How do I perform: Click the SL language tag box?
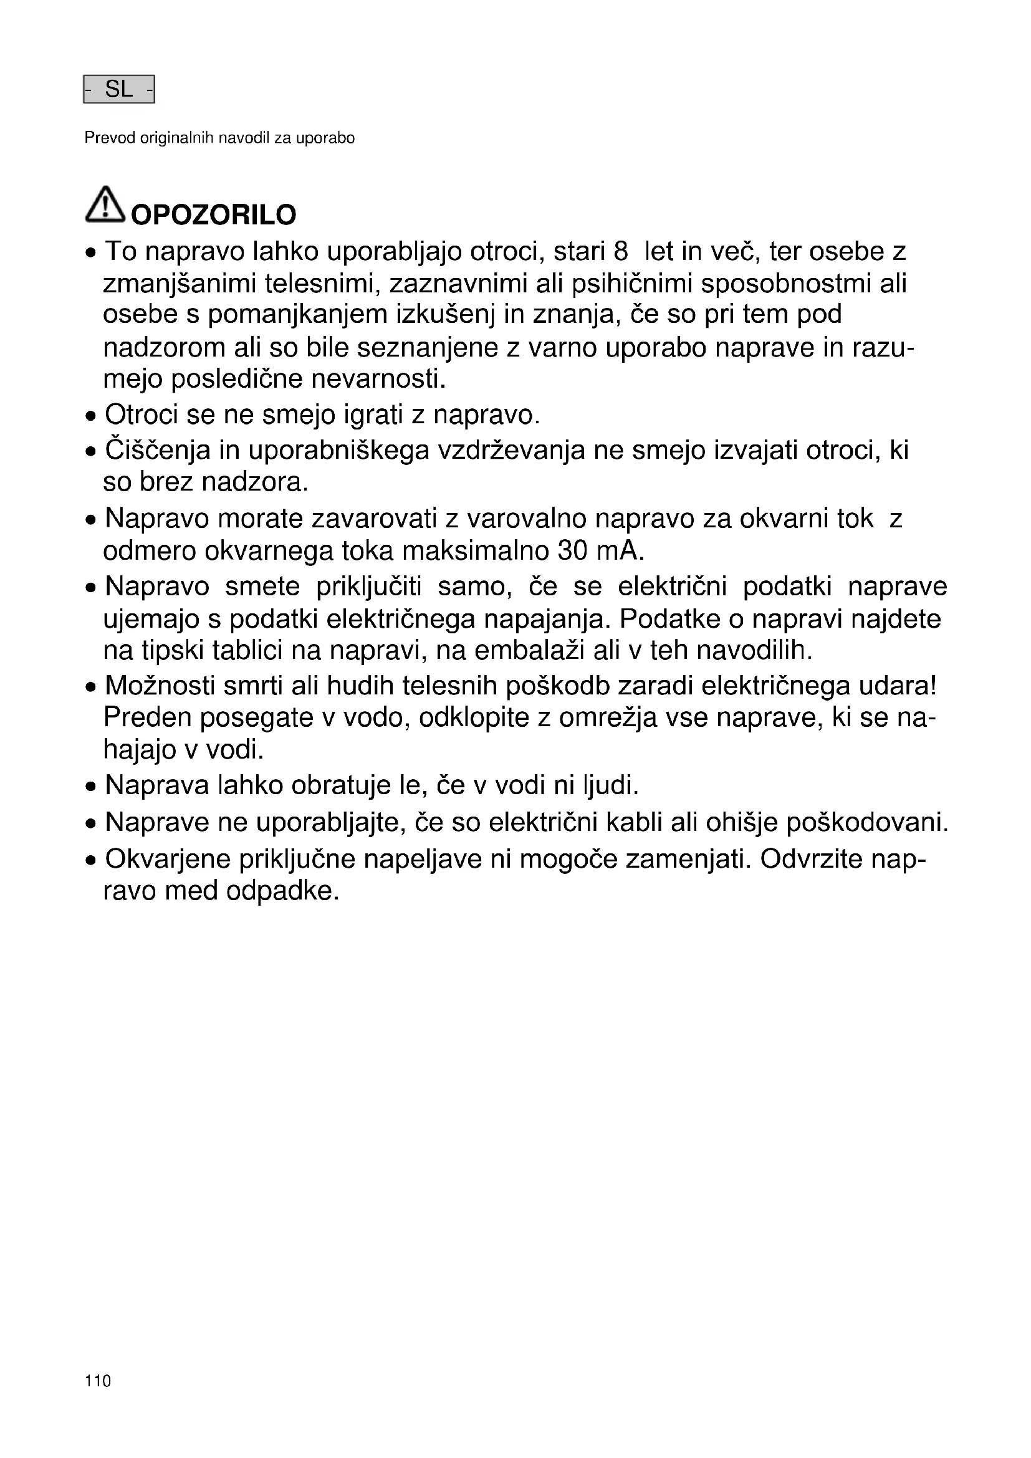118,90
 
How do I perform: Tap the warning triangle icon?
105,204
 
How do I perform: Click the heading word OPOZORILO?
213,215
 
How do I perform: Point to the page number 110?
98,1381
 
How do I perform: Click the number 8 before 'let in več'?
621,251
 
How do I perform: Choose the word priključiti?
369,585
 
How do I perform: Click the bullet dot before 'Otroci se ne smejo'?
92,417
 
